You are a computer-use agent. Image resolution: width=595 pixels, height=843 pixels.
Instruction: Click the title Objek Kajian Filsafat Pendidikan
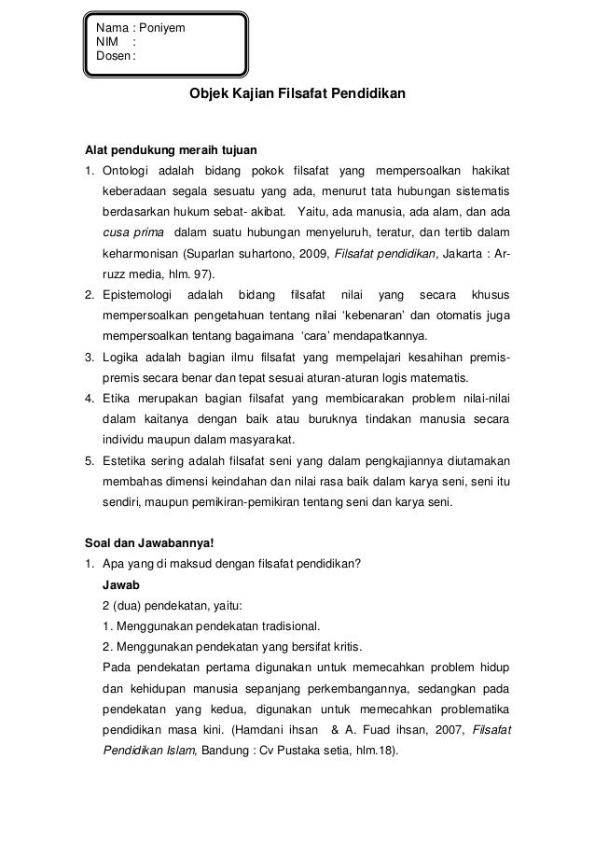tap(297, 95)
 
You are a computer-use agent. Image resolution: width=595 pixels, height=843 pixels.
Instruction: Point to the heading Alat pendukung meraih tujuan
tap(171, 148)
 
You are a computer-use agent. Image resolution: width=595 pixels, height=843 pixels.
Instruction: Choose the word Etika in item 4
tap(118, 398)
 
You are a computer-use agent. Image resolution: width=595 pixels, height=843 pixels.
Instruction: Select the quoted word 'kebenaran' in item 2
tap(422, 316)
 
